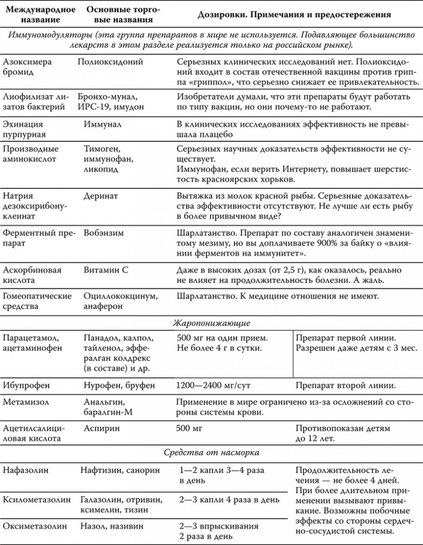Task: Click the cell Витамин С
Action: [106, 270]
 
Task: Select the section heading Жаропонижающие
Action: [211, 323]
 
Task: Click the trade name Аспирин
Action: [102, 428]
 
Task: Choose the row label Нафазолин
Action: [26, 470]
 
